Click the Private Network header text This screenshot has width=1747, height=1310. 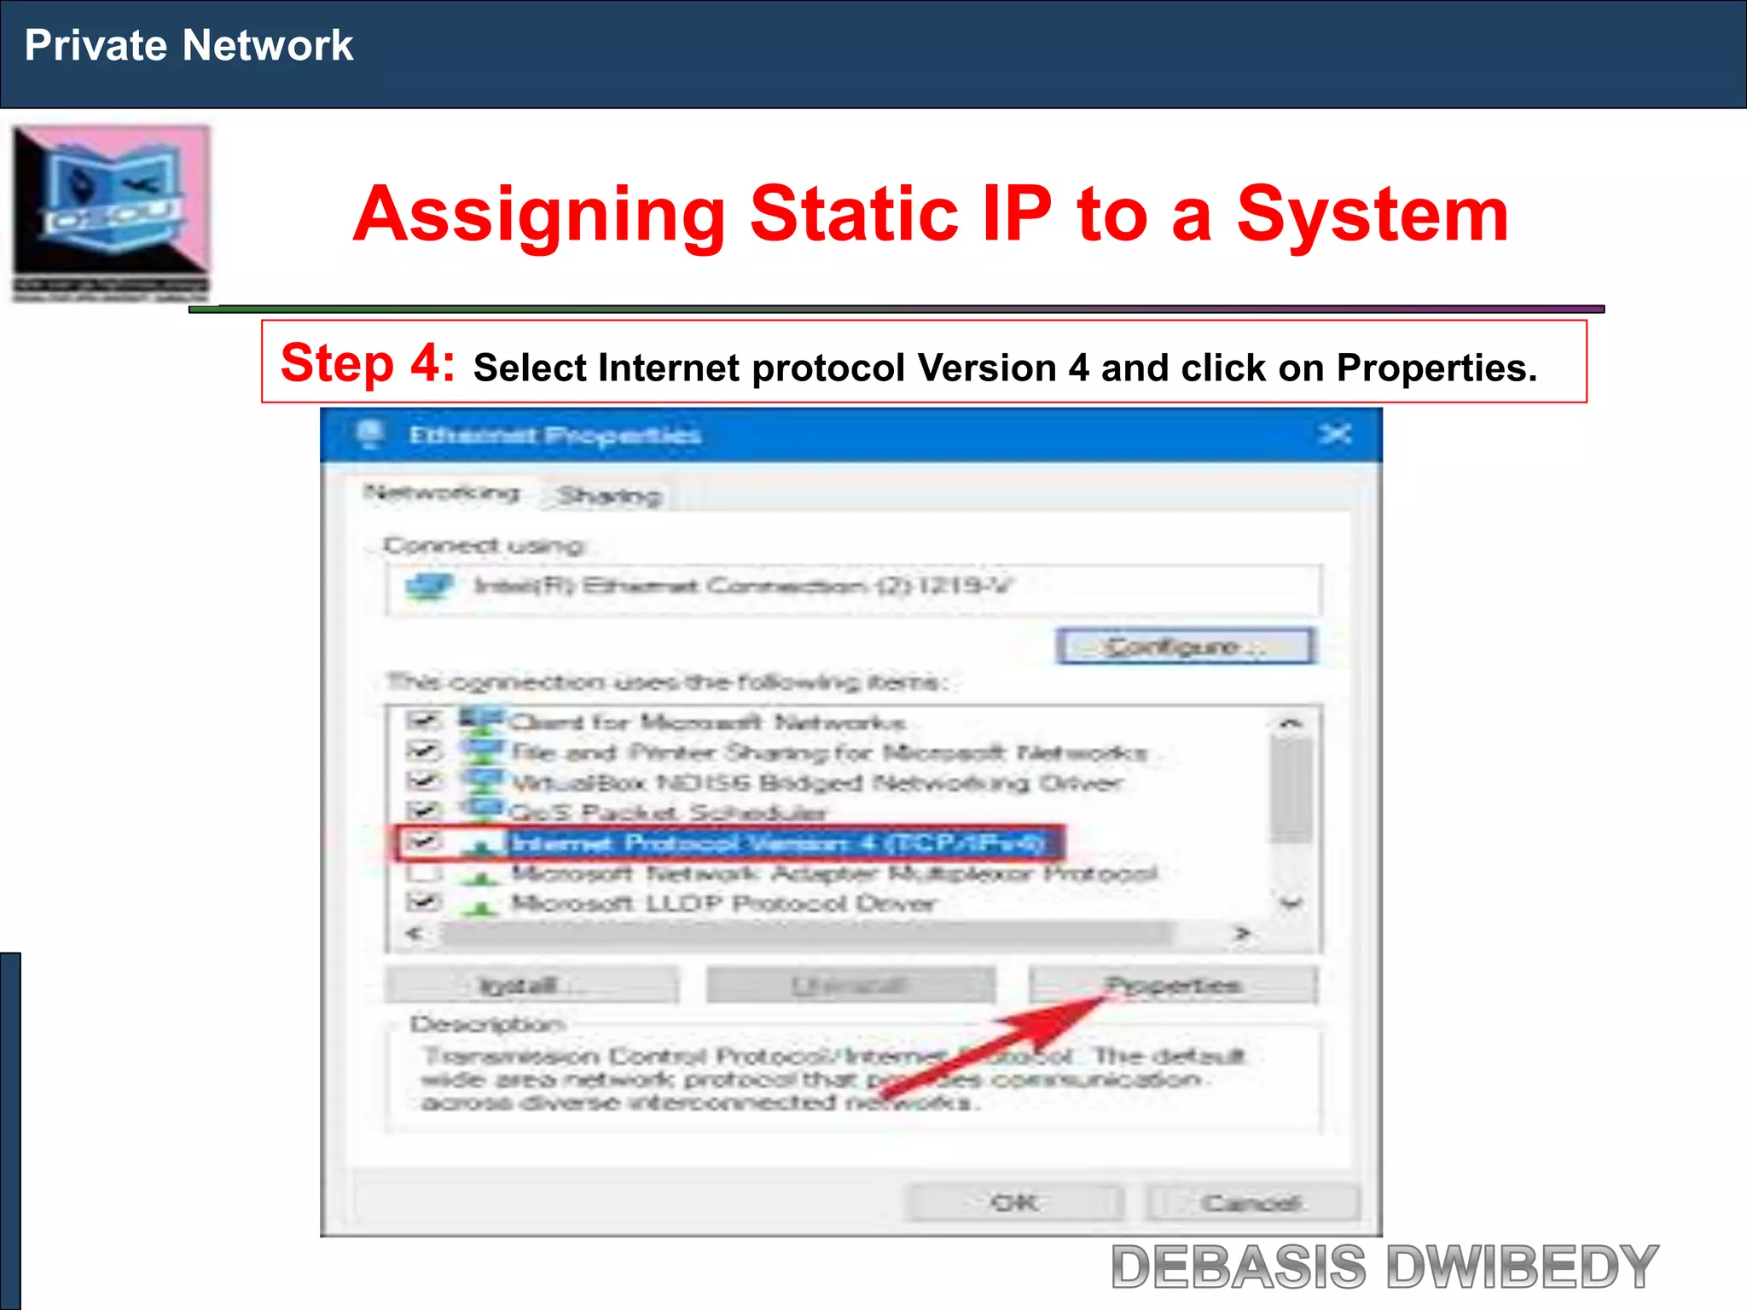(189, 45)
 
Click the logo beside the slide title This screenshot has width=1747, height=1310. (111, 213)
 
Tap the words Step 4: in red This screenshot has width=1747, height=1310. (367, 363)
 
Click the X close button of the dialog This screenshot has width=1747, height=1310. (1335, 435)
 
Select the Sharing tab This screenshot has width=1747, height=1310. (609, 496)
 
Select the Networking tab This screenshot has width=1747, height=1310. (441, 493)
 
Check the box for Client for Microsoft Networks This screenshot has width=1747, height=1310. (424, 722)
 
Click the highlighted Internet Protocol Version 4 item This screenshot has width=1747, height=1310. (776, 843)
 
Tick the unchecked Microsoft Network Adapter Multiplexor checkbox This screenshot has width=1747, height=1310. (424, 873)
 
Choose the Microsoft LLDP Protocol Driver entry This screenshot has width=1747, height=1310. (723, 903)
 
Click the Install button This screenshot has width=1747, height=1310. (531, 986)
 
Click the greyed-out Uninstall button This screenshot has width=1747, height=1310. (850, 986)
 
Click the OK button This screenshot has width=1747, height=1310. (1014, 1203)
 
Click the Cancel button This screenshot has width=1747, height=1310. (1251, 1203)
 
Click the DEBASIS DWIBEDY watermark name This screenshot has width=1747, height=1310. (1384, 1267)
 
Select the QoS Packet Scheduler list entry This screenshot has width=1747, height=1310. (667, 812)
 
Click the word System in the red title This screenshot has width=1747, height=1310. (1373, 214)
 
